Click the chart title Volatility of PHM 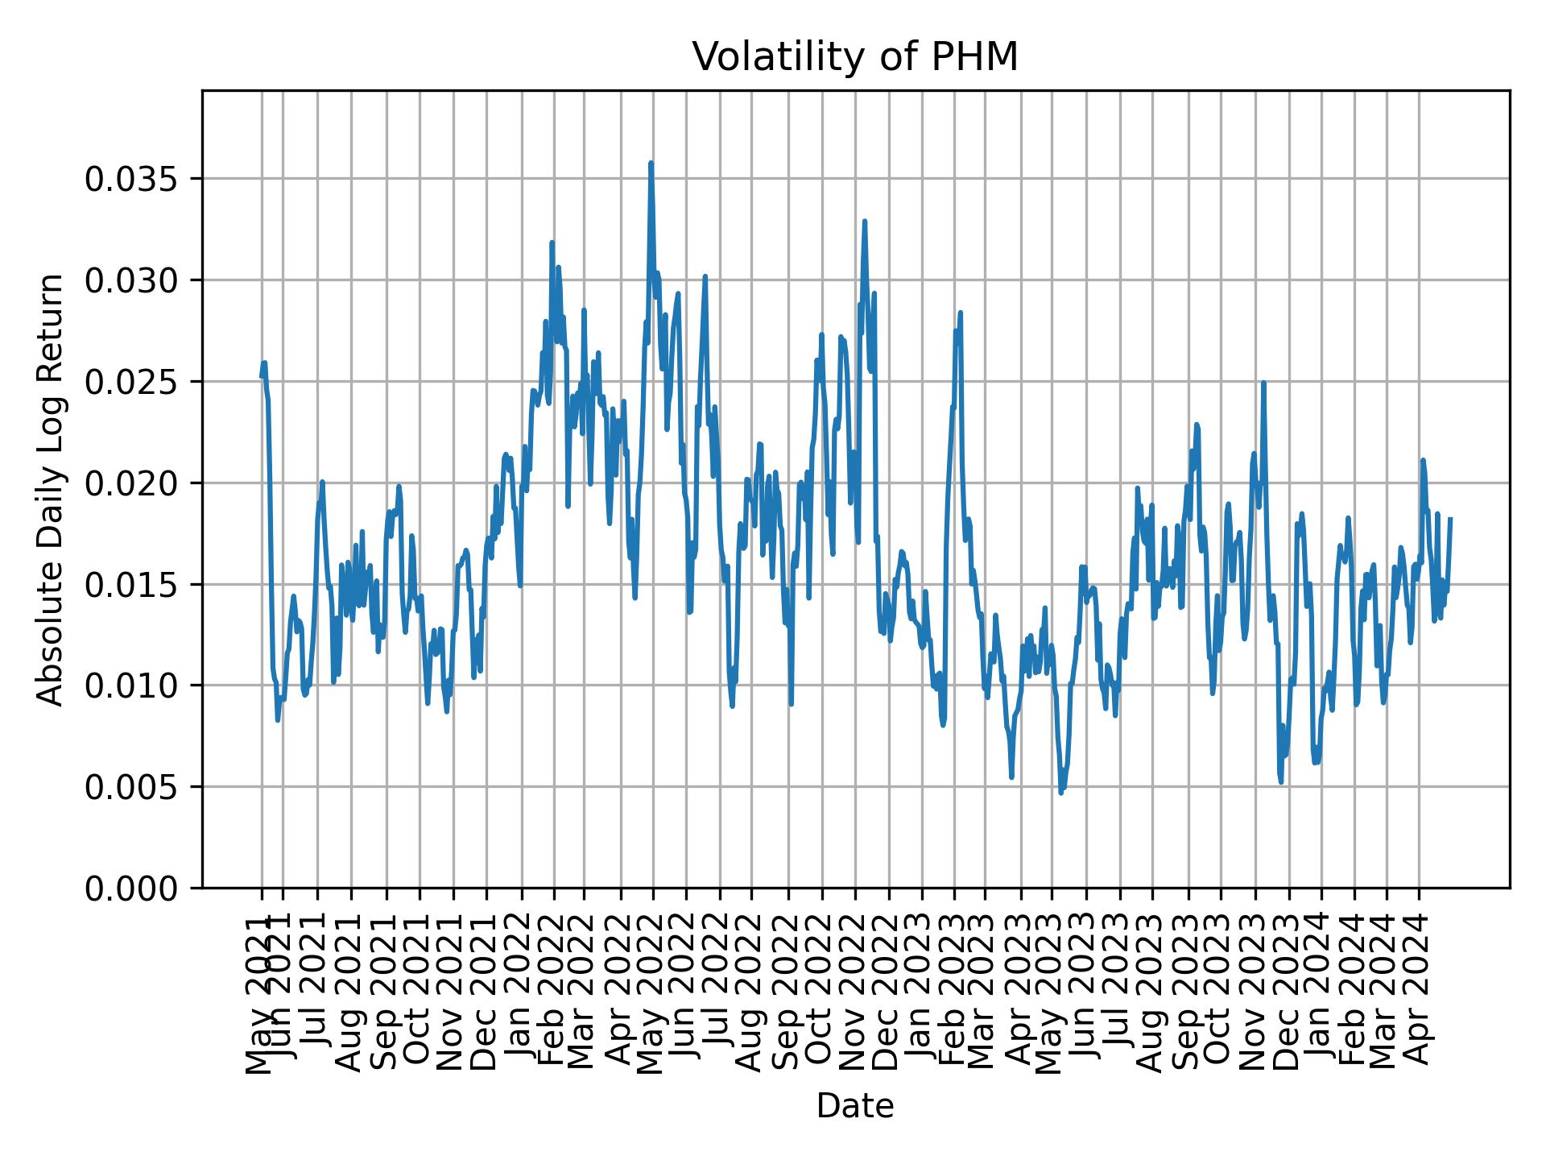click(855, 57)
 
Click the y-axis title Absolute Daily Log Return click(51, 489)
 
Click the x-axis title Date click(855, 1106)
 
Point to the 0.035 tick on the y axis click(132, 179)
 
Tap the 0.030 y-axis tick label click(132, 280)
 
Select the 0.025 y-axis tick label click(132, 382)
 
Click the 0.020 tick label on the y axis click(132, 483)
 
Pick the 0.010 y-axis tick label click(132, 686)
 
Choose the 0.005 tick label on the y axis click(132, 787)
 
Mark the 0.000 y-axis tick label click(132, 888)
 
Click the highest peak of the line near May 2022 click(651, 164)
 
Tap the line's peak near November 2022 click(864, 221)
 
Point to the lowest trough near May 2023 click(1060, 793)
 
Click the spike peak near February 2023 click(960, 313)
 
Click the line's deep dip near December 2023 click(1280, 781)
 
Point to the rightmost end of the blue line click(1450, 519)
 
